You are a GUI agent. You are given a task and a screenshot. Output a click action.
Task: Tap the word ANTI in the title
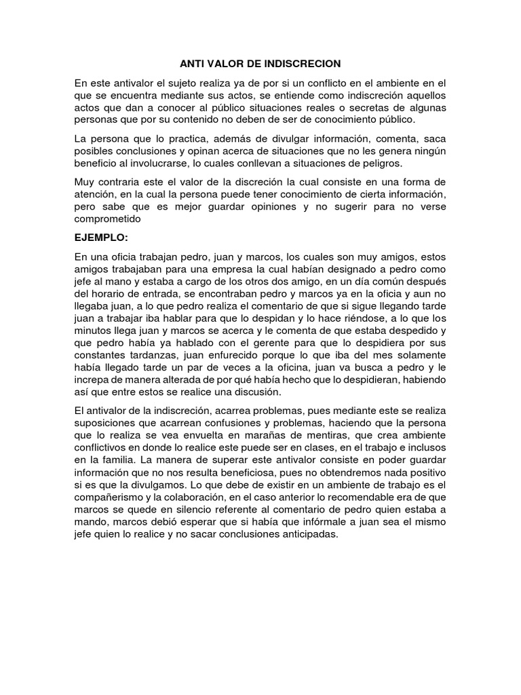(193, 63)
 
